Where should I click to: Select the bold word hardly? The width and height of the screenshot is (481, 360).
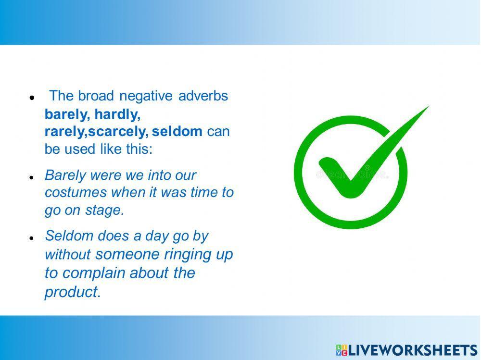coord(117,114)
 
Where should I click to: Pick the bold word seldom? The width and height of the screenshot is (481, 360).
coord(177,131)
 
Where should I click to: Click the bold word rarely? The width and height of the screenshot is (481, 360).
coord(66,132)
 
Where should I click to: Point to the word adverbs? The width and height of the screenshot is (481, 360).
coord(203,96)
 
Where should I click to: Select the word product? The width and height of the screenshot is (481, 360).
coord(73,292)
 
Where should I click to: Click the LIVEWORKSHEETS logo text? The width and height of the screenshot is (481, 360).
coord(413,350)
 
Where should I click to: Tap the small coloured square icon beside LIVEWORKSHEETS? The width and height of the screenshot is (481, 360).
coord(342,350)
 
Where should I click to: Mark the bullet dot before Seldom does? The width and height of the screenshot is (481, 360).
coord(31,238)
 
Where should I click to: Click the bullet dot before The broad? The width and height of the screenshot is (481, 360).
coord(31,98)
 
